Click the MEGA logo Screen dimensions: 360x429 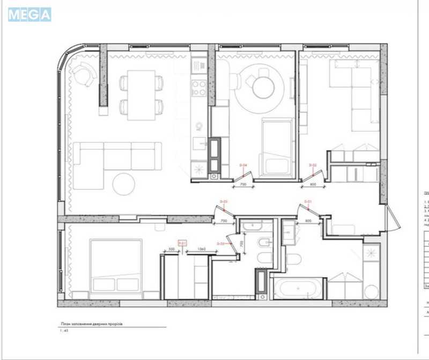(29, 14)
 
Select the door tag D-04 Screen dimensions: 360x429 (242, 165)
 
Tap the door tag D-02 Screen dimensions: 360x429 (313, 165)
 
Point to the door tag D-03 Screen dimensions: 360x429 (225, 202)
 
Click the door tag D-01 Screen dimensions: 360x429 (308, 202)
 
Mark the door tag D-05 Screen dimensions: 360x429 (220, 244)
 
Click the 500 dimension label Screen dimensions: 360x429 (172, 249)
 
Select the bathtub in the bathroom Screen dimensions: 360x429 (298, 289)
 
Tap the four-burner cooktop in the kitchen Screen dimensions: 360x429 (199, 87)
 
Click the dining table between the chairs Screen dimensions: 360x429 (140, 94)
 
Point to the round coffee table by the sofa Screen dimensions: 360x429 (124, 184)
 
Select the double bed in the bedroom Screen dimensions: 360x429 (116, 266)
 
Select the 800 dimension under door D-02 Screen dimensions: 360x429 (314, 184)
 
